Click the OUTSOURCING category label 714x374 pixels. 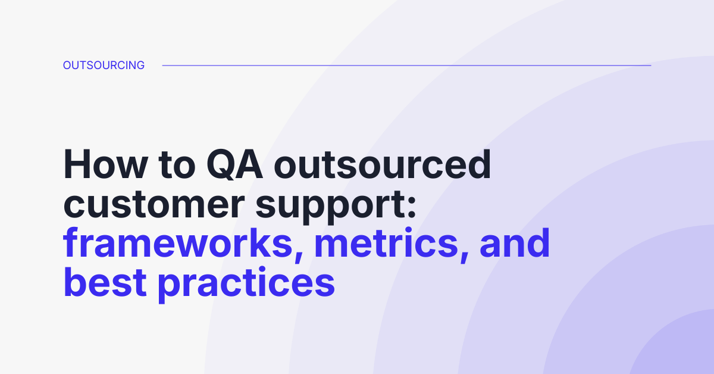(x=104, y=66)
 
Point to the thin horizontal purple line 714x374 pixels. (x=406, y=66)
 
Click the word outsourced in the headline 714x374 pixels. (x=383, y=165)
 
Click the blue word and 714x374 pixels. (x=515, y=244)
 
